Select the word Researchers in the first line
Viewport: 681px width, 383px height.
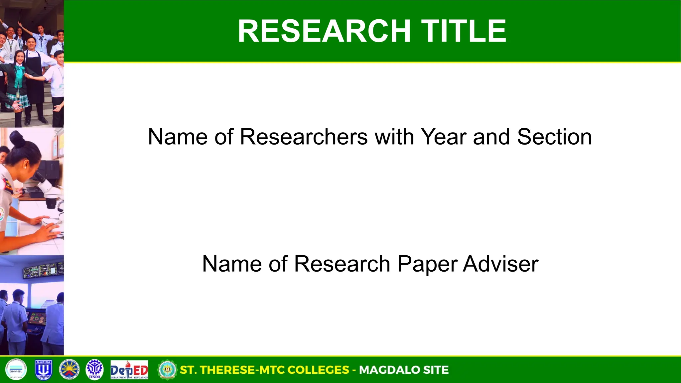click(304, 137)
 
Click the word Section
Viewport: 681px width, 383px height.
click(554, 137)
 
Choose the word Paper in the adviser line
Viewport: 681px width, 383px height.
click(427, 264)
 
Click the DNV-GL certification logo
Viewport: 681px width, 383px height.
click(16, 370)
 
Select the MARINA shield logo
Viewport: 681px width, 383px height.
click(44, 370)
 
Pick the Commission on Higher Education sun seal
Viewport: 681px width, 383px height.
click(69, 370)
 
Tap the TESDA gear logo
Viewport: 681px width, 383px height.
click(95, 370)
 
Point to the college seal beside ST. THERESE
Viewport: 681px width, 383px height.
click(167, 370)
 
